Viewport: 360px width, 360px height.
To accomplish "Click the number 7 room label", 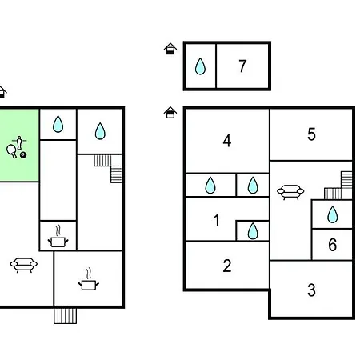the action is tap(242, 66).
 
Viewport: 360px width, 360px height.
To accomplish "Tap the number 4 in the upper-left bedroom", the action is tap(227, 141).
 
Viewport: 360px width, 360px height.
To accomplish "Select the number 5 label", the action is tap(311, 134).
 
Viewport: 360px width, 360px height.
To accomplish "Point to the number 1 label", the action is tap(217, 220).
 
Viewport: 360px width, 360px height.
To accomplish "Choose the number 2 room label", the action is tap(227, 266).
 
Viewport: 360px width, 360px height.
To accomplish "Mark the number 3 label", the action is tap(311, 290).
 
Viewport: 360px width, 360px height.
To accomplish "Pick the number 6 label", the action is tap(333, 245).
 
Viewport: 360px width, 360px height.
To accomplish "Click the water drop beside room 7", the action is tap(200, 66).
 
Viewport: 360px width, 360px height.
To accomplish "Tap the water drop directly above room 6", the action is tap(333, 214).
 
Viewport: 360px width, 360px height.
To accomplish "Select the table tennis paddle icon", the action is tap(11, 151).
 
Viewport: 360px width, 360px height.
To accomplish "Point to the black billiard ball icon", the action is tap(23, 155).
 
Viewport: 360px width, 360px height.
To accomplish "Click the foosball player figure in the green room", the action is tap(19, 142).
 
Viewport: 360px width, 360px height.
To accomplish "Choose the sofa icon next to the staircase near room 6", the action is tap(290, 192).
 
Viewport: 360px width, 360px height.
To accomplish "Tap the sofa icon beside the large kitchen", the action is tap(24, 265).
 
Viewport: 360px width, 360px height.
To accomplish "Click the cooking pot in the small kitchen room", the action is tap(58, 238).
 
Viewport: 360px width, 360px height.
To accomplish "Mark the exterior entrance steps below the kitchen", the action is tap(65, 316).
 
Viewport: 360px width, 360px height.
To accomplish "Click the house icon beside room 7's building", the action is tap(170, 49).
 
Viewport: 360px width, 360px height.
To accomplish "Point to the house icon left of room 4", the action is tap(170, 113).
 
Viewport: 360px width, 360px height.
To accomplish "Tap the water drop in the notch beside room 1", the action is tap(253, 231).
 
